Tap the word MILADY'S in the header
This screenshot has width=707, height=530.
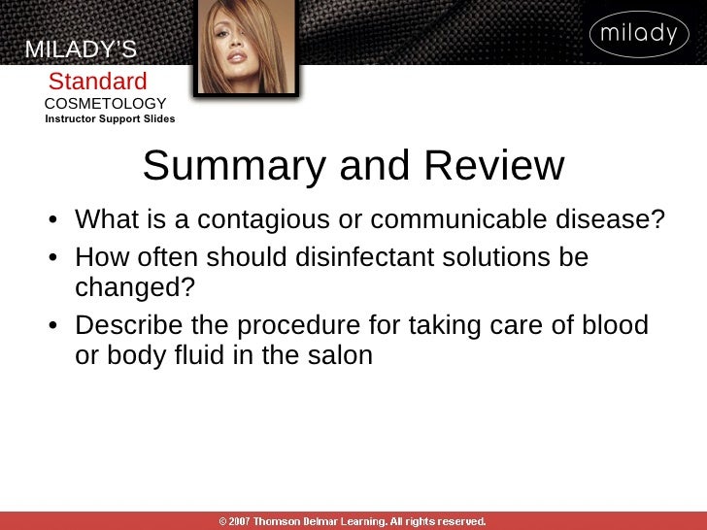point(81,50)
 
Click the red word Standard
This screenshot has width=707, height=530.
point(98,82)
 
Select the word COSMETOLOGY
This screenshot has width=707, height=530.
point(105,104)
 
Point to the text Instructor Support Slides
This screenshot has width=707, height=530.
point(110,119)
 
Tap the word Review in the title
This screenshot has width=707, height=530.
point(493,166)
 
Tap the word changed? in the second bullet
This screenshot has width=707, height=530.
point(135,287)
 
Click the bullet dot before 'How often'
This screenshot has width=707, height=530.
point(57,259)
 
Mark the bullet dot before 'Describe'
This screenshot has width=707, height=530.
point(57,326)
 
